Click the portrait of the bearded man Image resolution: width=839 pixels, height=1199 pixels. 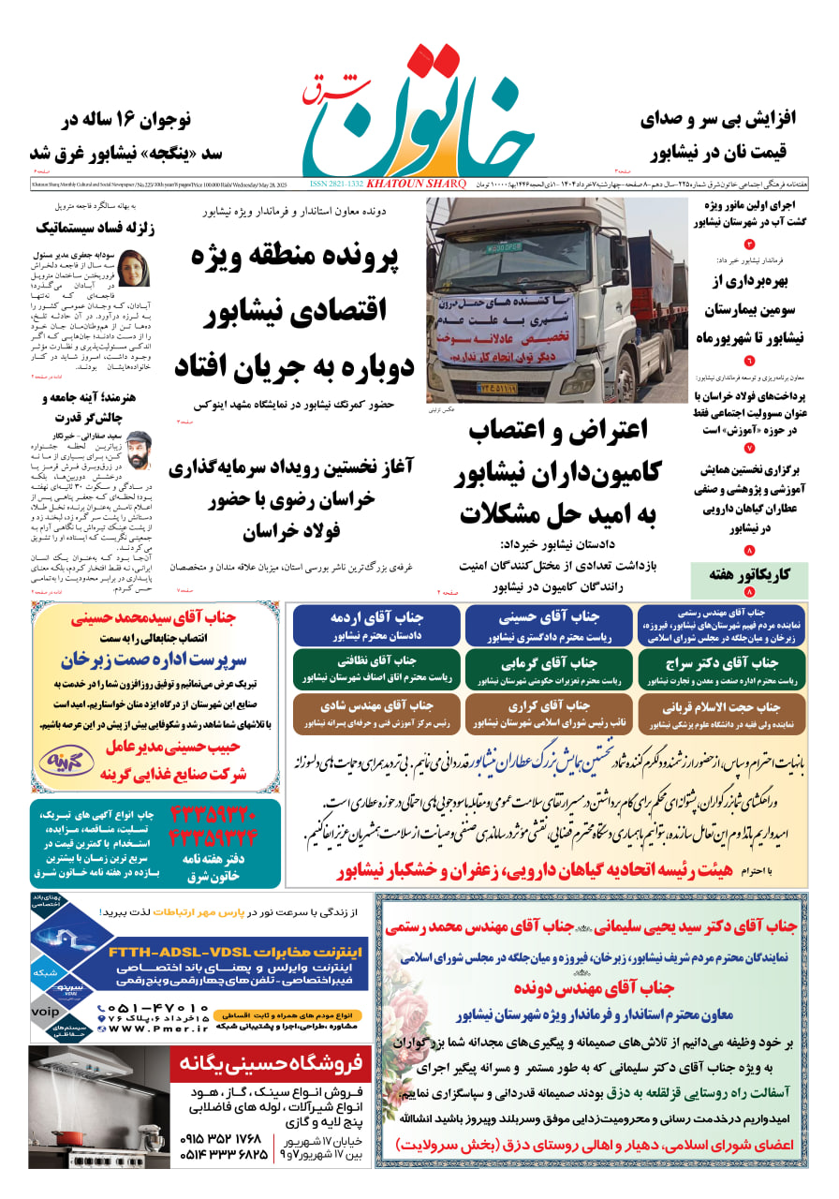coord(138,451)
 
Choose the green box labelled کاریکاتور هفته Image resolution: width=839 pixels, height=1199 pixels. coord(749,574)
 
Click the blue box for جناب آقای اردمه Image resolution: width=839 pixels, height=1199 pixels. coord(377,625)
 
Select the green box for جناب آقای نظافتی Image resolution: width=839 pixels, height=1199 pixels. coord(377,668)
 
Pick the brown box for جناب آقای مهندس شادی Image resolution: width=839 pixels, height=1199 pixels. coord(377,713)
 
